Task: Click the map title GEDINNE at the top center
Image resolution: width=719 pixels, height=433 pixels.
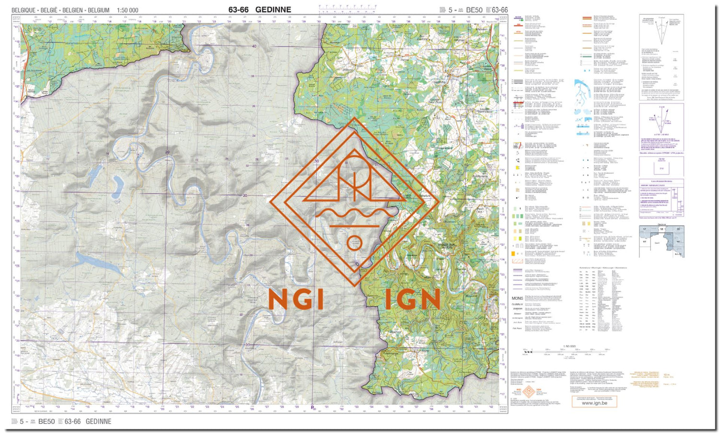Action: [273, 10]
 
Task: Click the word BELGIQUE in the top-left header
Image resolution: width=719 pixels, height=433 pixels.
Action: [24, 10]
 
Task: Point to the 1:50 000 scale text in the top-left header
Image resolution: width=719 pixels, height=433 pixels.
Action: [128, 10]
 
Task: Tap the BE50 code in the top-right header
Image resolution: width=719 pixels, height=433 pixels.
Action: [474, 10]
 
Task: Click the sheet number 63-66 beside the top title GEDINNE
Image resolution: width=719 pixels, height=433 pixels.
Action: [238, 10]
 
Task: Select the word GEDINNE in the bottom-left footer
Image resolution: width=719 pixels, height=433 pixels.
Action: [98, 422]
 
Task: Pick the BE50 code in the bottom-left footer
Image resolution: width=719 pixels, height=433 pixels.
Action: [46, 422]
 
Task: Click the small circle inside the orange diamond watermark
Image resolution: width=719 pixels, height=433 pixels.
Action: [354, 243]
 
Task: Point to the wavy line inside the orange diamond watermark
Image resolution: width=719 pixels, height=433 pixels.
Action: [354, 213]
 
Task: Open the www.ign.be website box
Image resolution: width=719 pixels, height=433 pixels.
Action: [594, 403]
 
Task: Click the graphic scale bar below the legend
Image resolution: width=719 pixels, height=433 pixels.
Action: [568, 351]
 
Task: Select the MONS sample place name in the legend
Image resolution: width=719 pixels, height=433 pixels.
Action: [517, 298]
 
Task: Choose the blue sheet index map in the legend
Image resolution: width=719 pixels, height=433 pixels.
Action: [661, 241]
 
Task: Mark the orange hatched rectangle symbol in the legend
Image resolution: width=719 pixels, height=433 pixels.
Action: [517, 261]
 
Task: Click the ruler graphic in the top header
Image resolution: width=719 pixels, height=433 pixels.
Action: [348, 8]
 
